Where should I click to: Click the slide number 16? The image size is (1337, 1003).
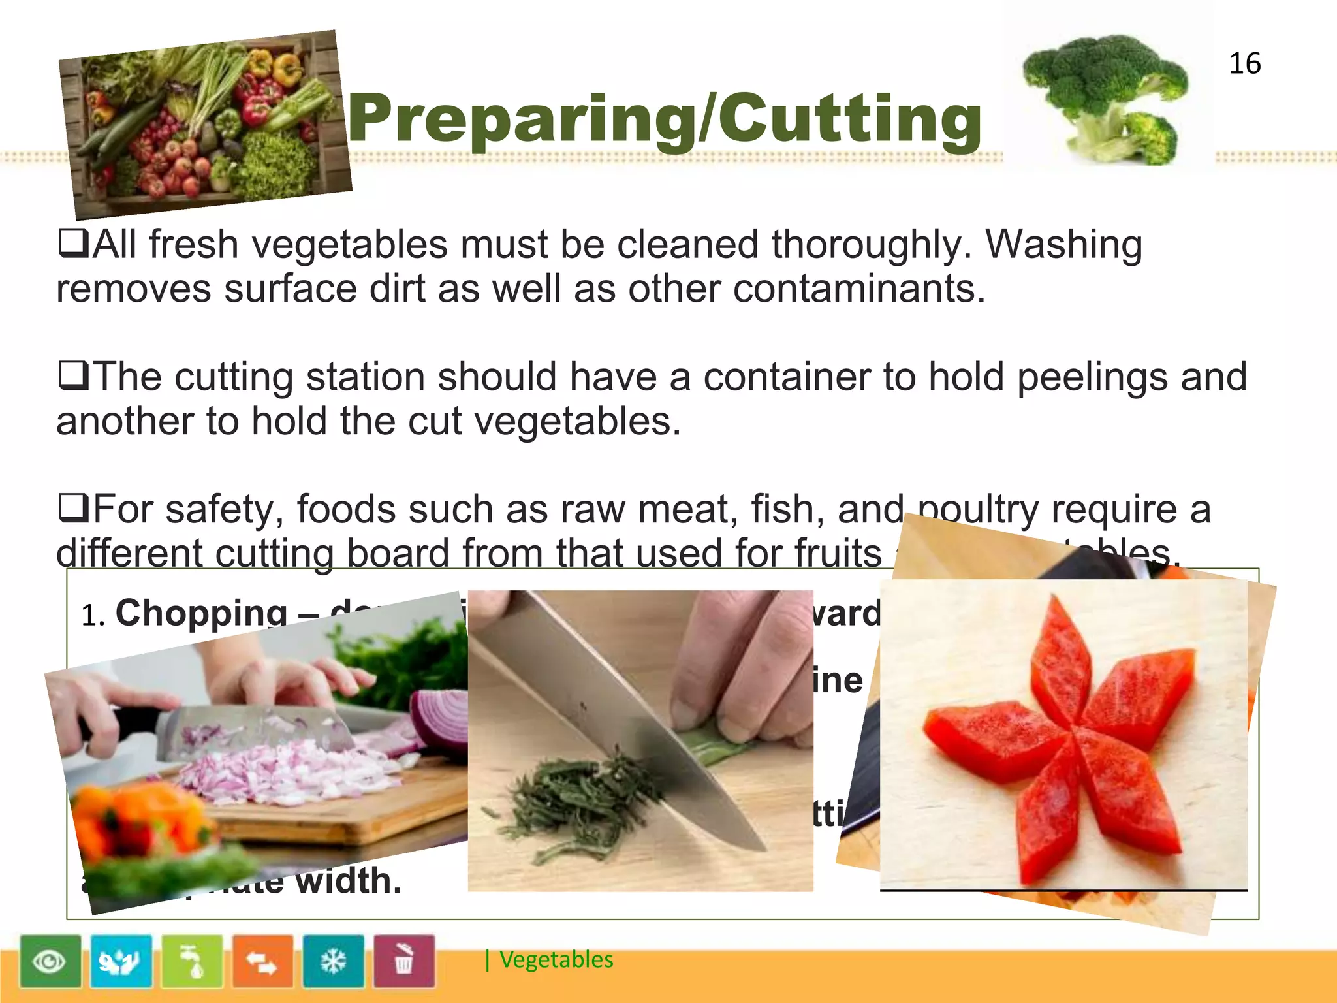1244,64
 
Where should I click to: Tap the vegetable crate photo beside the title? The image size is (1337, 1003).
205,124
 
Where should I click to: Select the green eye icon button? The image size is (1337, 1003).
50,961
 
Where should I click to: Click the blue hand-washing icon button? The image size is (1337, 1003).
121,961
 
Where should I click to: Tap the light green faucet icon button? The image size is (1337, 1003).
192,961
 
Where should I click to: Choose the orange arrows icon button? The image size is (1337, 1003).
262,961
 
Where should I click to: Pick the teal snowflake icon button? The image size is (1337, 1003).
333,961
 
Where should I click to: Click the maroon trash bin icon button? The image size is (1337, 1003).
403,961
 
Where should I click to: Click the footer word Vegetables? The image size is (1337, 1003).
556,960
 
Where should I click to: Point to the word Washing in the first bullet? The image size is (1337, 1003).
1063,245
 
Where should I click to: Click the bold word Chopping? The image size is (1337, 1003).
201,614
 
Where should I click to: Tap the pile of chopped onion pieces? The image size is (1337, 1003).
274,771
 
